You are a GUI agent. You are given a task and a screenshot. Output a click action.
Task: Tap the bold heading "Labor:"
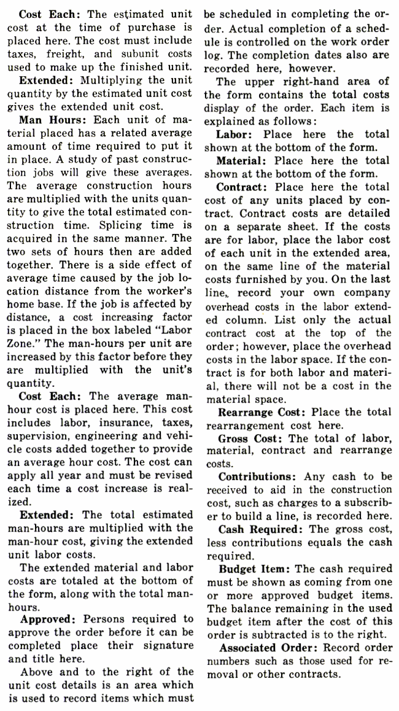pyautogui.click(x=238, y=134)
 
